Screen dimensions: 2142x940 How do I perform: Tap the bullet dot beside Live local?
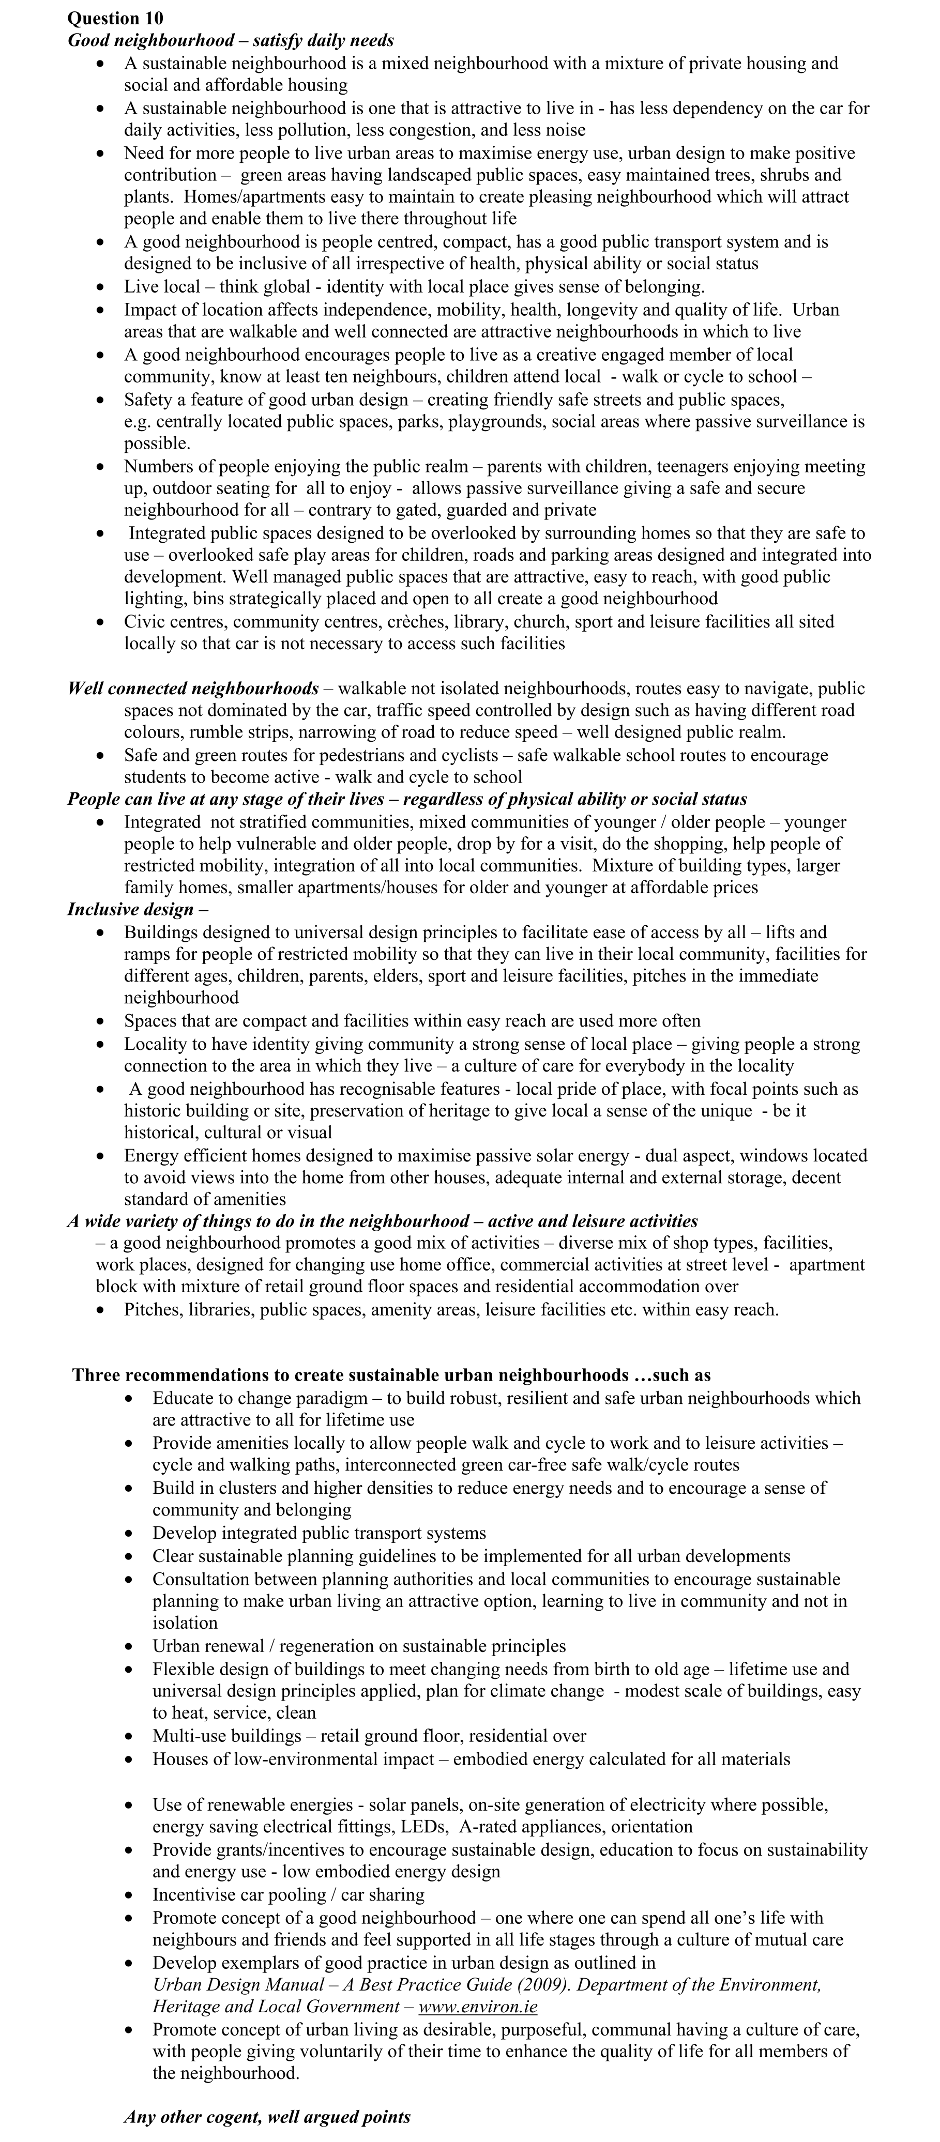click(101, 287)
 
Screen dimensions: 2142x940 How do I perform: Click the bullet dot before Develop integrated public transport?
click(130, 1533)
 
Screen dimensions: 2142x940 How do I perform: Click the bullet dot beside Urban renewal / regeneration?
click(130, 1646)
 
